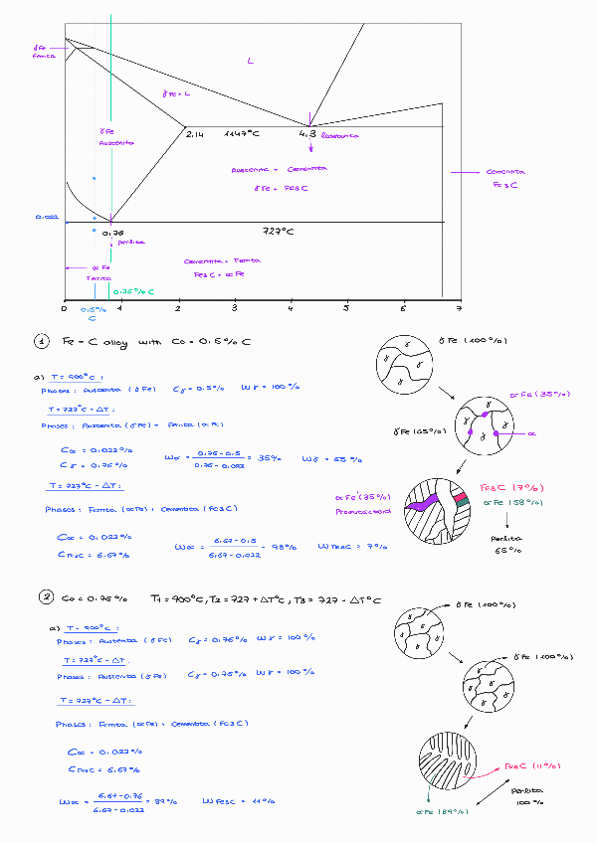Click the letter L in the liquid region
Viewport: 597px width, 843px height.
pos(251,63)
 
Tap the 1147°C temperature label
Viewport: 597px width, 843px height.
pos(242,133)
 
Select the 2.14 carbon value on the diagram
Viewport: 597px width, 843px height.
pos(194,133)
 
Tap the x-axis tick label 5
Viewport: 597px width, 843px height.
pos(347,308)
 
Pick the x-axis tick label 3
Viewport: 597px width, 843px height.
pos(234,308)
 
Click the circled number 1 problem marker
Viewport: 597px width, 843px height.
pos(42,343)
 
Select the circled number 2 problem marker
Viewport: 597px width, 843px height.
pos(46,597)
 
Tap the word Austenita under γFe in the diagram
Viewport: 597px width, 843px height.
pos(115,142)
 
